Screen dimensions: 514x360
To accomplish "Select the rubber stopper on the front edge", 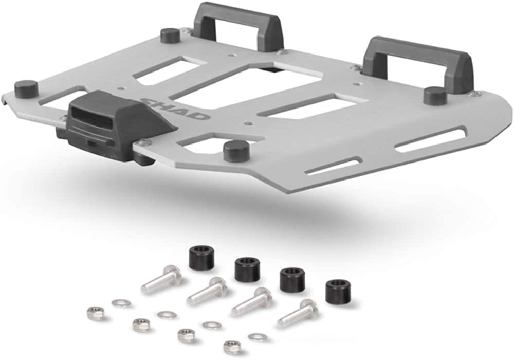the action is tap(236, 151).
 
